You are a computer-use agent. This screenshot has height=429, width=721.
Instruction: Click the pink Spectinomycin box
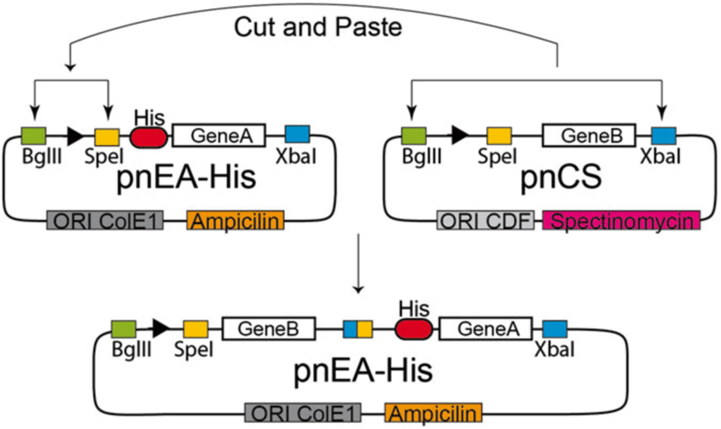621,221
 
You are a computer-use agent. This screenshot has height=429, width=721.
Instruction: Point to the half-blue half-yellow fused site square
357,327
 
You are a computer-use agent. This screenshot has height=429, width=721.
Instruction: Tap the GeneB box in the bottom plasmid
268,327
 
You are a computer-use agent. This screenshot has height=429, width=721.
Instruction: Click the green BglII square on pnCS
413,135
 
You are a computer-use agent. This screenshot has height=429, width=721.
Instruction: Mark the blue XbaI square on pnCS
663,135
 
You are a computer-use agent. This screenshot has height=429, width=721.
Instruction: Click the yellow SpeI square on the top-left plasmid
106,136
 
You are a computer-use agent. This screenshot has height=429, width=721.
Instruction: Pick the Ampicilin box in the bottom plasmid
433,413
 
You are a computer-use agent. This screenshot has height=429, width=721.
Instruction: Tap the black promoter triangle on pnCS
460,134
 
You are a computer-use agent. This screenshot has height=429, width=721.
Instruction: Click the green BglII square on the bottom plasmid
124,327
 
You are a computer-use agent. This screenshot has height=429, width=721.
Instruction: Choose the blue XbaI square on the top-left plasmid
297,134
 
